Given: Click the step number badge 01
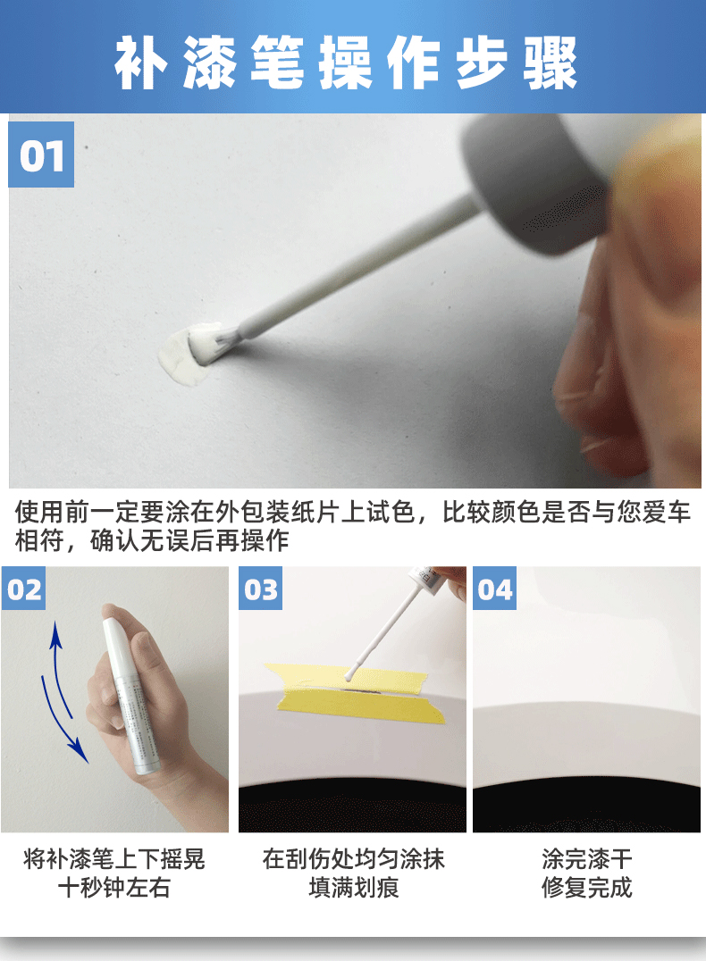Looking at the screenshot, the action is coord(41,155).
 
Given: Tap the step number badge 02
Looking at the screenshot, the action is coord(23,589).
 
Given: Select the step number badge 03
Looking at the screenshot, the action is coord(261,589).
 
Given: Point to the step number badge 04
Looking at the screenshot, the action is coord(494,589).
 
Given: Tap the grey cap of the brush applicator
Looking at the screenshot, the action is coord(534,180).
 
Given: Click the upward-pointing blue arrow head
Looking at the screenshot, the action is coord(55,635).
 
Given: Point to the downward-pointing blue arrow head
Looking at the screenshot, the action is coord(78,750).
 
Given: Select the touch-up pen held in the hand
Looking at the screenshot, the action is coord(128,695).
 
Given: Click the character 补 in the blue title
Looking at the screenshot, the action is coord(141,63).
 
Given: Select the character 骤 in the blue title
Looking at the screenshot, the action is coord(551,63).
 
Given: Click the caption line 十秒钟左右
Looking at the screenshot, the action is coord(114,888).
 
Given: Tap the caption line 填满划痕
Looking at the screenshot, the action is coord(354,888).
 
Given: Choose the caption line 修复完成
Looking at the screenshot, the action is coord(586,888).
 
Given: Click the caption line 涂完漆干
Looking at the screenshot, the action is coord(586,859).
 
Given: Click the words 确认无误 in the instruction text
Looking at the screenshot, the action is coord(139,540).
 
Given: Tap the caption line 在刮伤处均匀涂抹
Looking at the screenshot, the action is coord(354,859).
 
